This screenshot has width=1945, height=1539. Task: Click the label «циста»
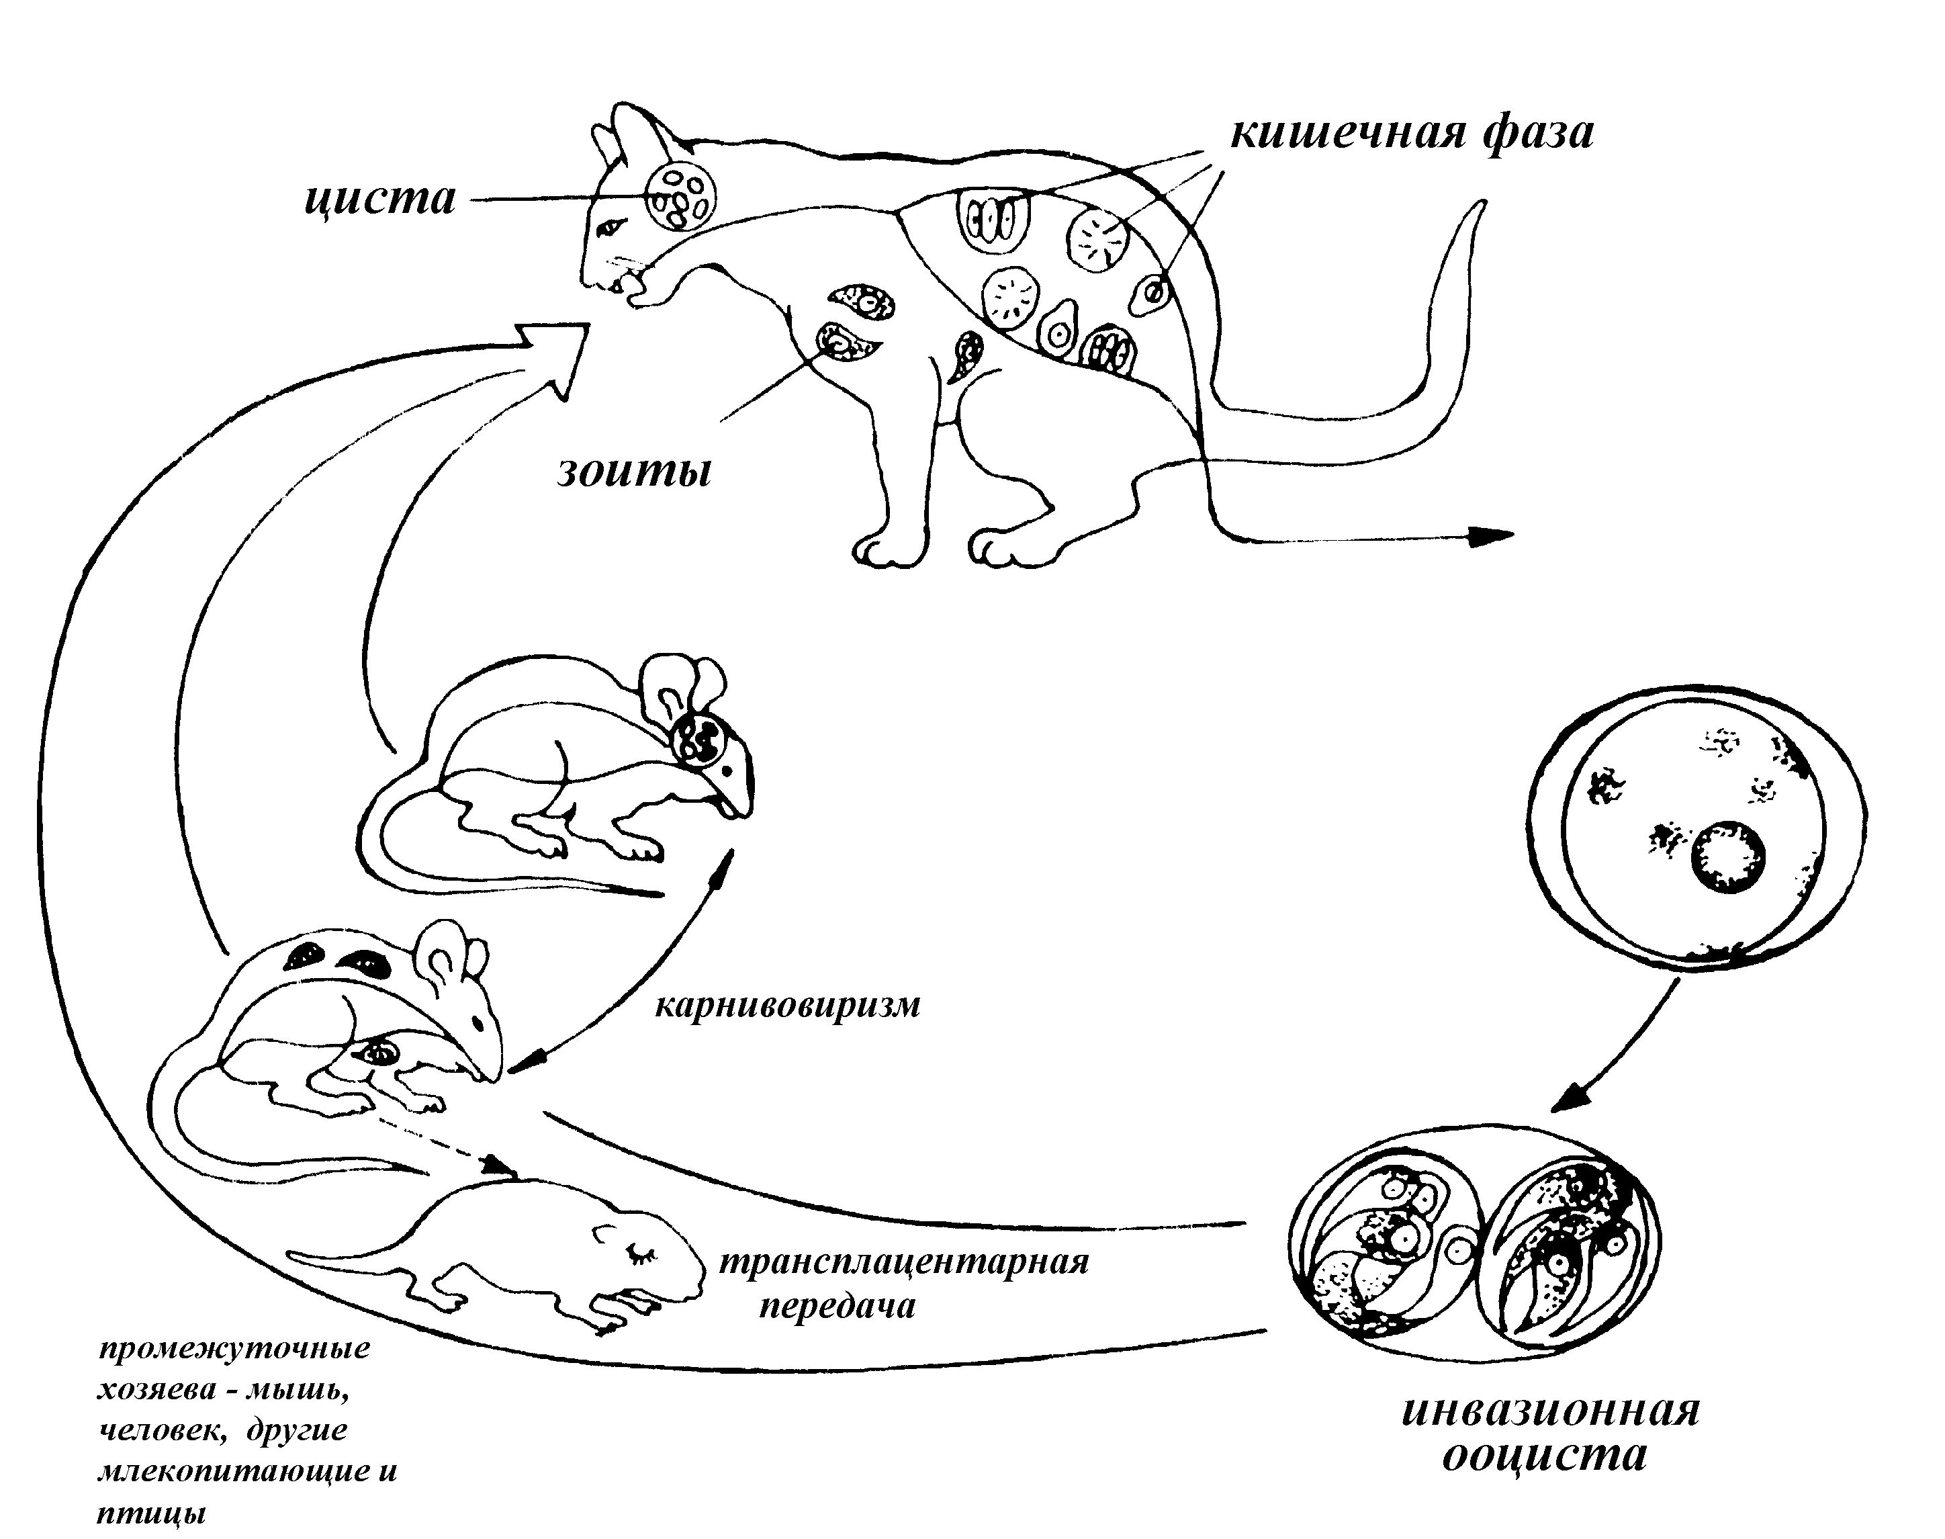(x=379, y=199)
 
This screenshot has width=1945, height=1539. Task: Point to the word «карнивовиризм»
(x=787, y=1006)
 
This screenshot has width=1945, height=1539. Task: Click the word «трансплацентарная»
(x=903, y=1262)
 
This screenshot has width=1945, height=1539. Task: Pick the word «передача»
(x=837, y=1306)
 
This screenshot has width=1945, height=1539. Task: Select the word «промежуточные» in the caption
(x=233, y=1349)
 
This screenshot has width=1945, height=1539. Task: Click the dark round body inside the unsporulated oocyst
(x=1727, y=858)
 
